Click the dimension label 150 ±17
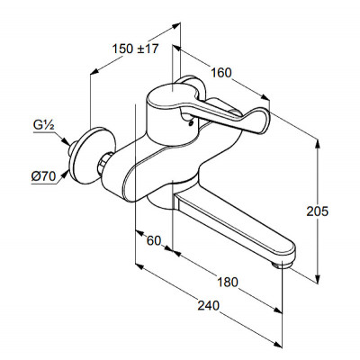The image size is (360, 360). tap(135, 49)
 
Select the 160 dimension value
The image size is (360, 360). tap(221, 73)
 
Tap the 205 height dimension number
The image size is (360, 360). tap(318, 211)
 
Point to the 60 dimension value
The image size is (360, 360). tap(154, 240)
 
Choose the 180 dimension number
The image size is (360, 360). tap(227, 282)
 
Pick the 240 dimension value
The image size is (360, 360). tap(209, 306)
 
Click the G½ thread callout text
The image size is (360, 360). tap(43, 126)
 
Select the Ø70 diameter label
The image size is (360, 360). tap(43, 176)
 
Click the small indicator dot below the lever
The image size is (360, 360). tap(189, 122)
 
